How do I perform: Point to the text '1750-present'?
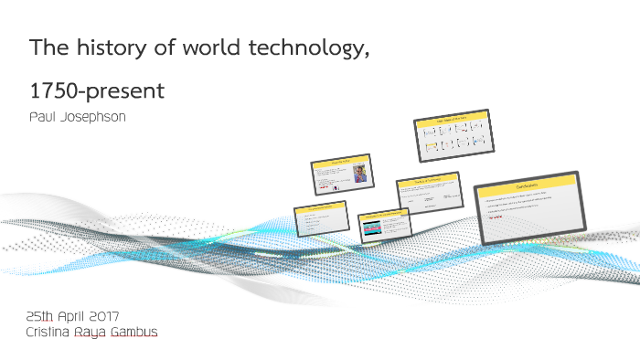[98, 90]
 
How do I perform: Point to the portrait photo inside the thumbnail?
[360, 174]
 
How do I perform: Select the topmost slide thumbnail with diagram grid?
[452, 135]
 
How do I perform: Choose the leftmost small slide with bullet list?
[320, 218]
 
